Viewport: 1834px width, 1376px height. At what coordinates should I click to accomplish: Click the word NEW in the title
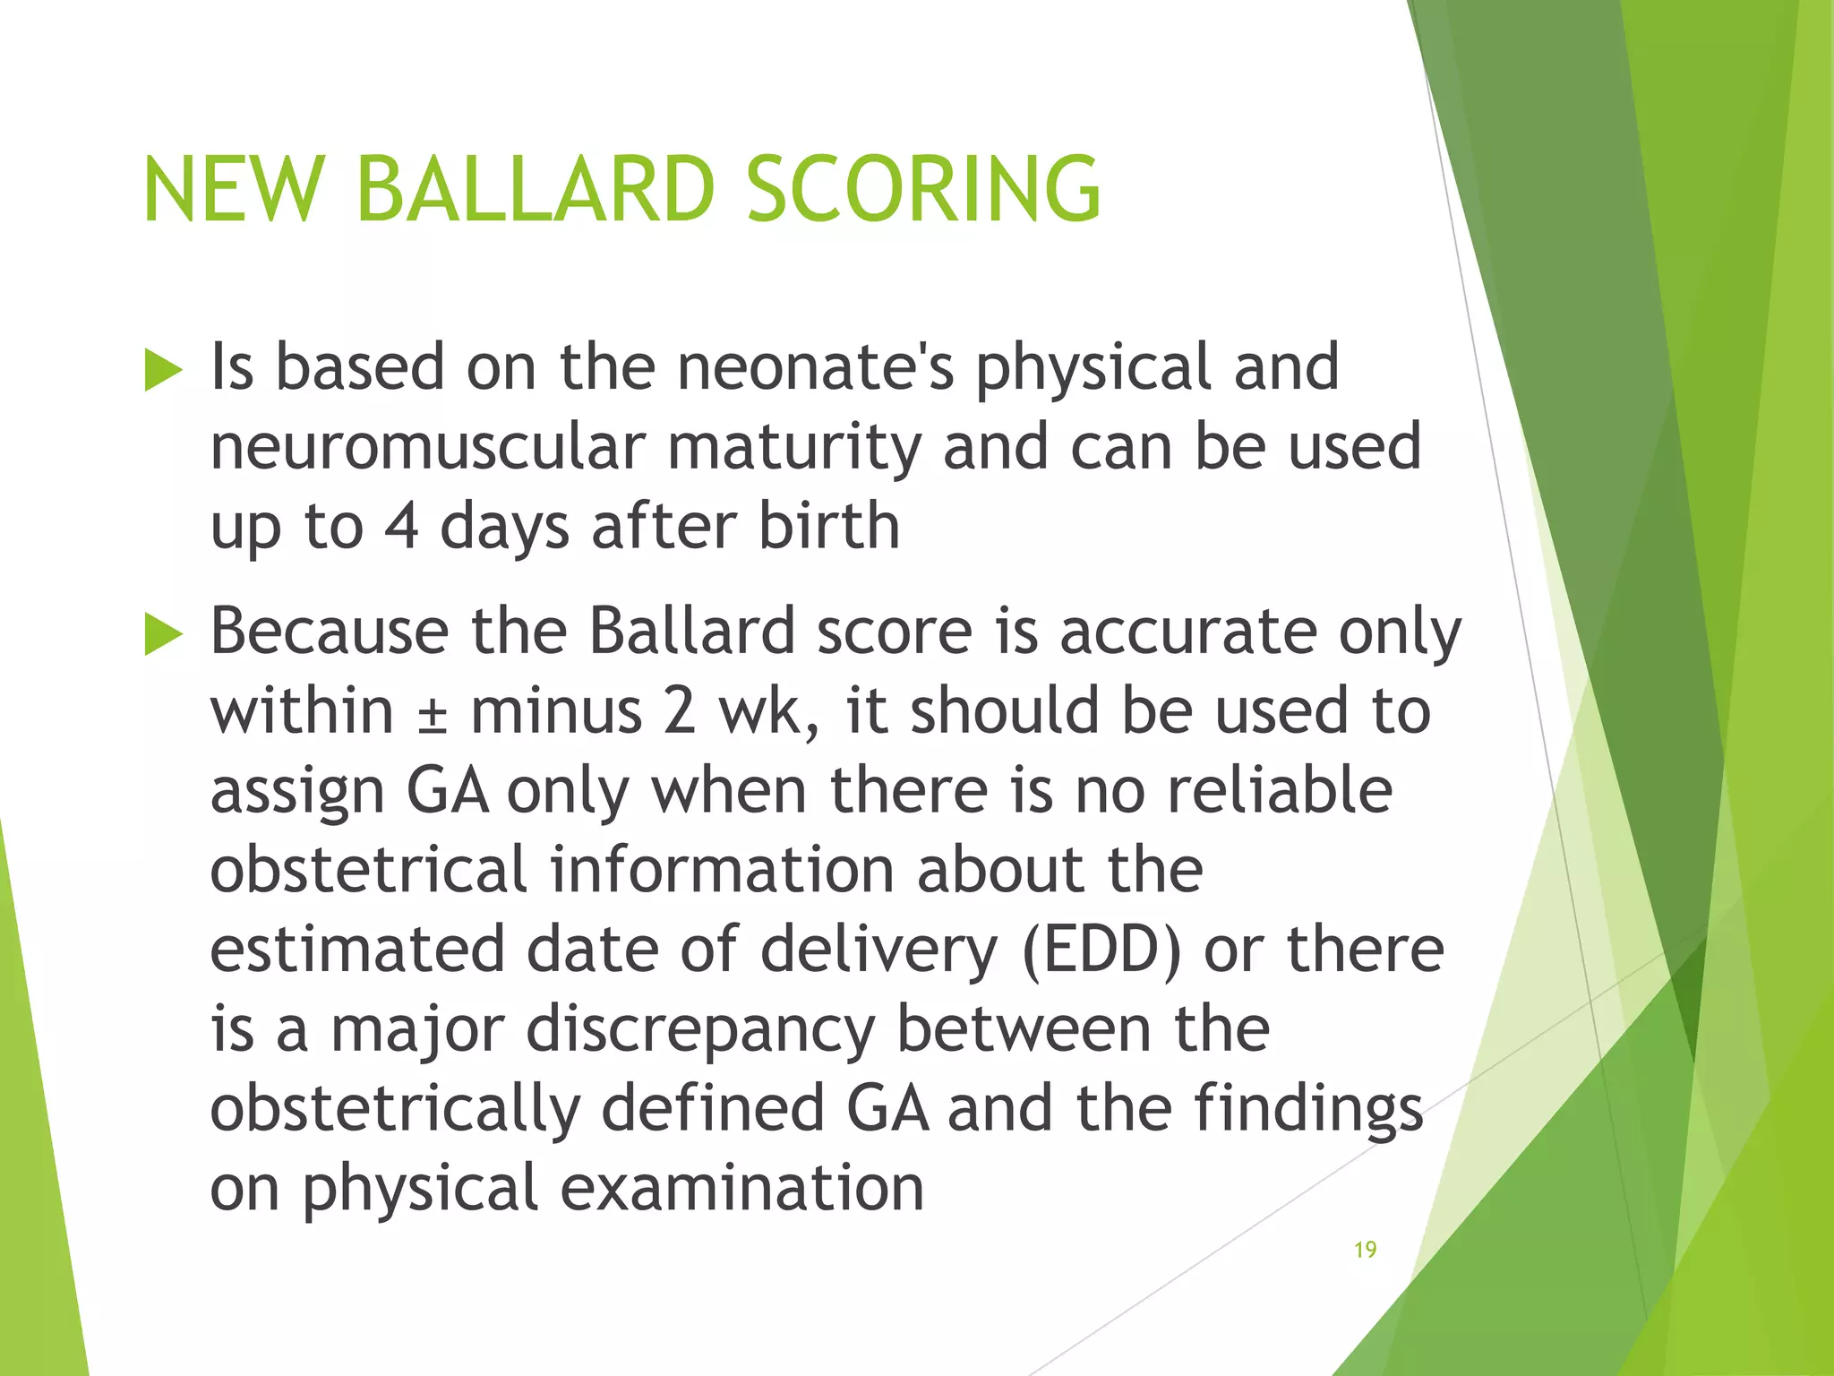pos(232,189)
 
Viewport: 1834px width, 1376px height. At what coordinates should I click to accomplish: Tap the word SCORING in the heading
pos(923,189)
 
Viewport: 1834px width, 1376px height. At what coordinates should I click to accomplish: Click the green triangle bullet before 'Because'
pos(163,635)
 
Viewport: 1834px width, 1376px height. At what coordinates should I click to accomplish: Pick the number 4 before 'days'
pos(401,526)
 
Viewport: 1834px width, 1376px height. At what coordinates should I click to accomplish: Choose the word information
pos(722,870)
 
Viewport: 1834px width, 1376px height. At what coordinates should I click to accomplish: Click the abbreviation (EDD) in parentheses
pos(1101,950)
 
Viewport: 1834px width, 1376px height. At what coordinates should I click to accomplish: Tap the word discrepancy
pos(700,1029)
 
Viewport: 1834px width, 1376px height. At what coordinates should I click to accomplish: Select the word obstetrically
pos(395,1109)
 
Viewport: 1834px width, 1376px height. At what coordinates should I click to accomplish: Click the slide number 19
pos(1365,1250)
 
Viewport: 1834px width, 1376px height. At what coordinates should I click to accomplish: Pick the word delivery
pos(878,950)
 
